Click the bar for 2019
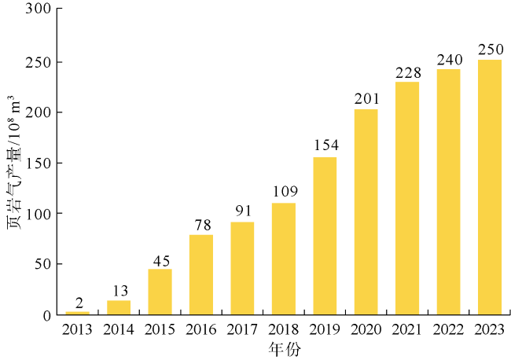[x=325, y=236]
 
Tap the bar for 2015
[x=160, y=292]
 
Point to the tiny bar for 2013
[x=77, y=313]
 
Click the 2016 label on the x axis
[x=201, y=329]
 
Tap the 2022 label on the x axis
[x=449, y=329]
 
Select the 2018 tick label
[x=284, y=329]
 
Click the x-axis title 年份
[x=283, y=347]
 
